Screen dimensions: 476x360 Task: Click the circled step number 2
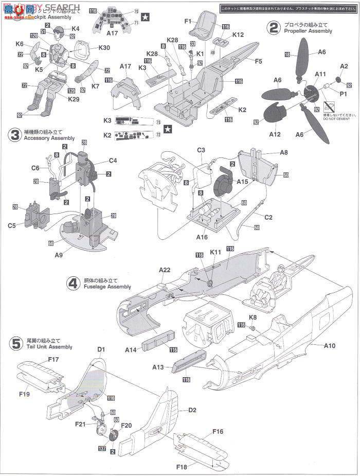(274, 27)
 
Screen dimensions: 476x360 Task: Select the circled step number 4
(74, 283)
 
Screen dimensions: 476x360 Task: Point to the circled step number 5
(15, 344)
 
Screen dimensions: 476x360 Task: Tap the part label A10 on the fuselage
(329, 346)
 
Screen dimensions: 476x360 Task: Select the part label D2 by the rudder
(192, 410)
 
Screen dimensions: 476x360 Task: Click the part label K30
(104, 48)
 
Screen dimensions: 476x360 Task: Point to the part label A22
(165, 269)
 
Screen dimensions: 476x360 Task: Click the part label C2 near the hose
(268, 217)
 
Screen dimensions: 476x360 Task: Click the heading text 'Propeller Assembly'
(308, 31)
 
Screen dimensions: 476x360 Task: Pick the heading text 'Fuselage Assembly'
(106, 287)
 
